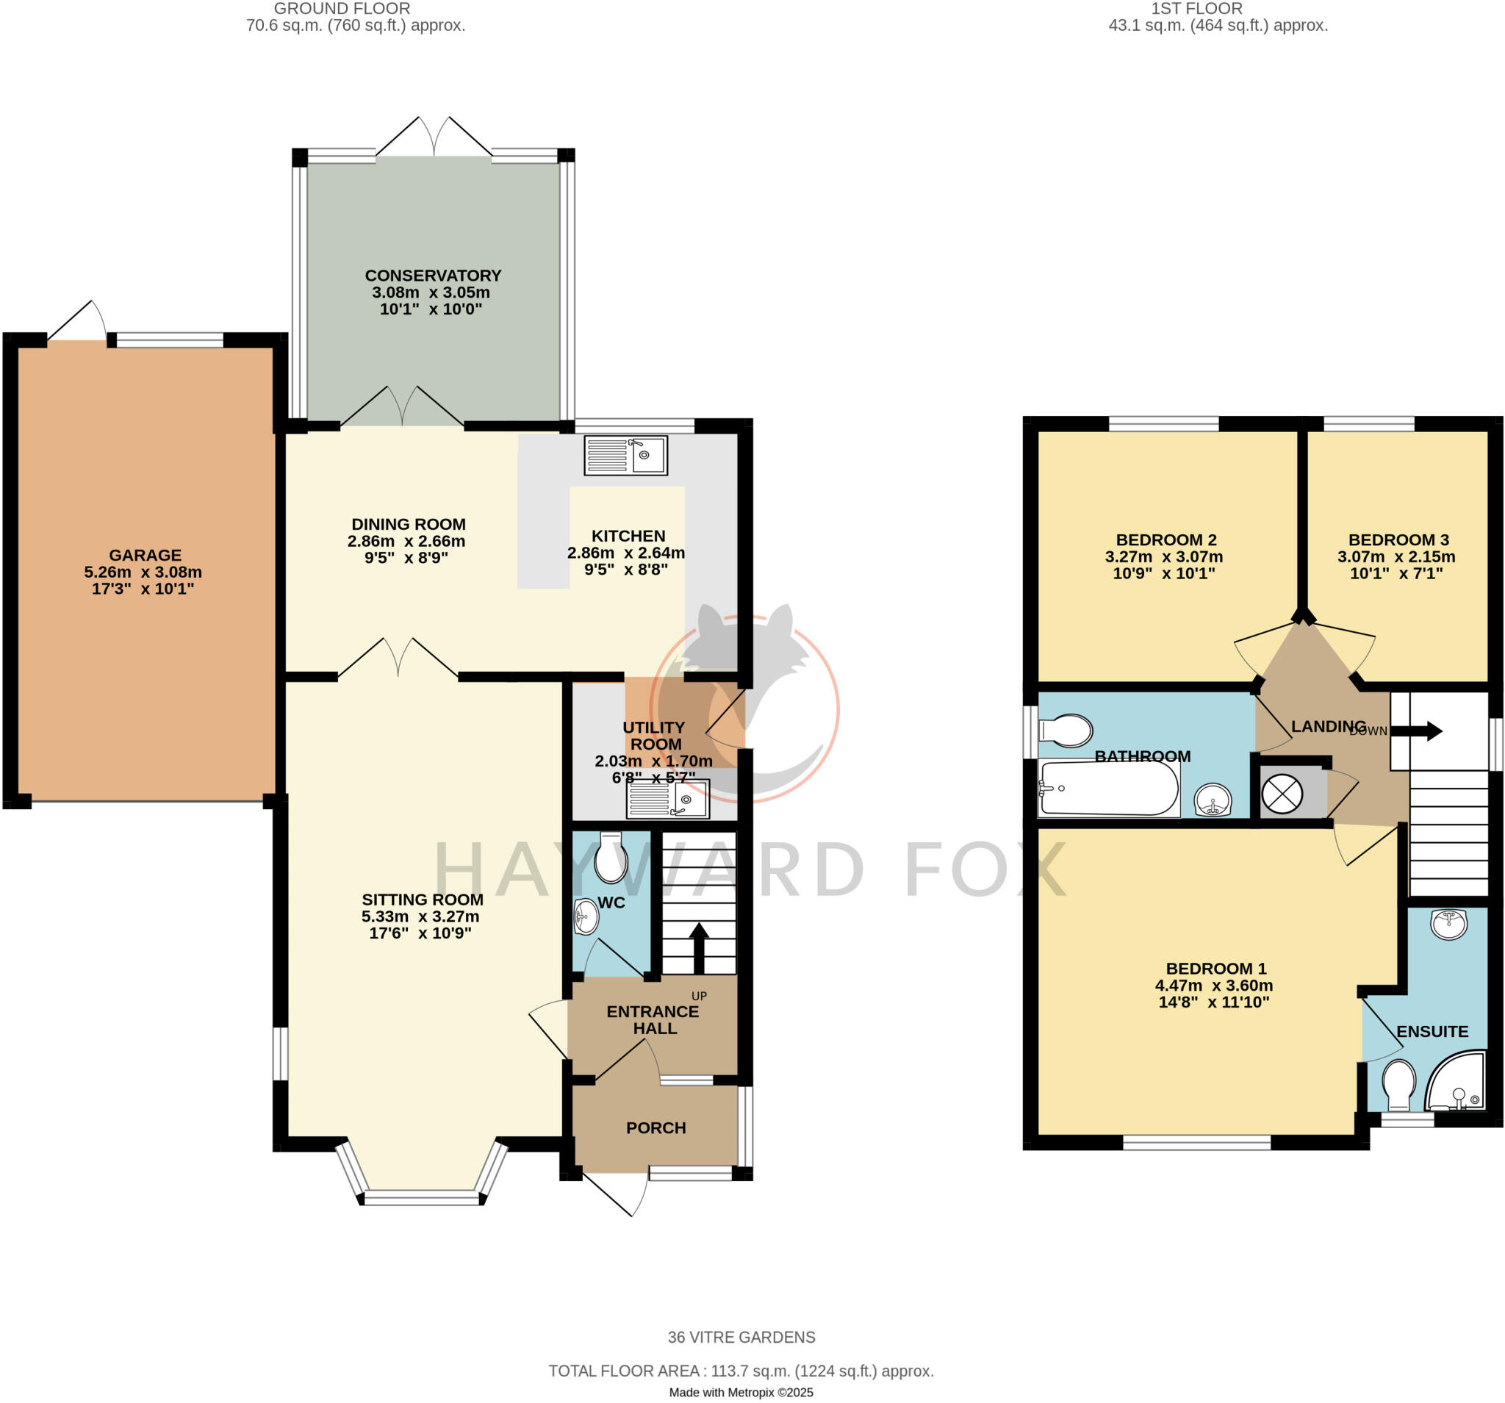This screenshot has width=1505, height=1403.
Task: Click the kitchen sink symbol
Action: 625,455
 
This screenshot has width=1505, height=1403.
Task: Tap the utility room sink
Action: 668,799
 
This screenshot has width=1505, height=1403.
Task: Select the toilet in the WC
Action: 611,858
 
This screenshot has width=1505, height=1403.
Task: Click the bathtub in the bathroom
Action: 1109,788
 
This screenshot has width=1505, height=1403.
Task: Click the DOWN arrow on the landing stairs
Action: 1416,731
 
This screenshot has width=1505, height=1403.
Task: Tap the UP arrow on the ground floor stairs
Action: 698,947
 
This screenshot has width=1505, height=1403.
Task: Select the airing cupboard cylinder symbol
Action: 1282,794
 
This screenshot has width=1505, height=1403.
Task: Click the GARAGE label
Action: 145,555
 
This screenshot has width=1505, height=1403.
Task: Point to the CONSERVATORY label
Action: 433,276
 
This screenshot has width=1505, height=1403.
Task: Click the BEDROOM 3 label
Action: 1398,540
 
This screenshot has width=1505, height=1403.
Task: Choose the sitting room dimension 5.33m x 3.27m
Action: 420,916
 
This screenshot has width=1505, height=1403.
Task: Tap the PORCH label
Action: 655,1127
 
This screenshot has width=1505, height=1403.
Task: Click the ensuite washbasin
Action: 1448,924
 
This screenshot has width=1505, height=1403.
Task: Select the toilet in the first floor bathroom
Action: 1066,730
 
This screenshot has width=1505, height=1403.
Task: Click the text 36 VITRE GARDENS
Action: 741,1337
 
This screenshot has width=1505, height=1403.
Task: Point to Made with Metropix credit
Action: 741,1392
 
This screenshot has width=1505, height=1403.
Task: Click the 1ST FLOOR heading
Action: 1196,9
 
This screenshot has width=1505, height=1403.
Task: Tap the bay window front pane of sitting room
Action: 421,1197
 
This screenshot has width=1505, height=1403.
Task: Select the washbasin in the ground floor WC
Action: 586,918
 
